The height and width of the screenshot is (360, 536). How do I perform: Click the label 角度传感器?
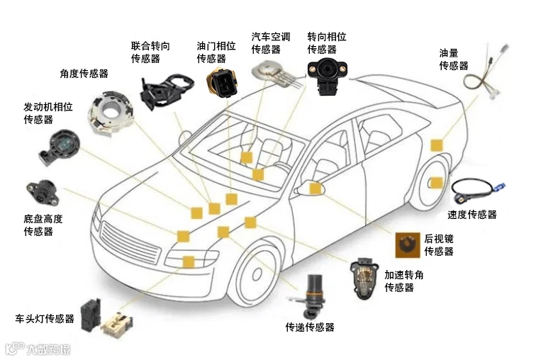click(x=84, y=74)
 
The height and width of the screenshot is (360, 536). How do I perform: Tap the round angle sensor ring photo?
click(x=109, y=112)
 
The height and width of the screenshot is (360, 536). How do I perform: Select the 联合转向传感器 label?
click(x=150, y=52)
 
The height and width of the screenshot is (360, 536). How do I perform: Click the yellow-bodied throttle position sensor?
click(x=221, y=83)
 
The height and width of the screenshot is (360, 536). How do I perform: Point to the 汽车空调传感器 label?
click(x=271, y=43)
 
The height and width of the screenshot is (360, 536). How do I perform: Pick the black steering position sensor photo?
click(x=327, y=77)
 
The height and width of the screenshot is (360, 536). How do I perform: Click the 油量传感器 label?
click(x=454, y=60)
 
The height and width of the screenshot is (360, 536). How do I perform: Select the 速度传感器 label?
click(x=471, y=215)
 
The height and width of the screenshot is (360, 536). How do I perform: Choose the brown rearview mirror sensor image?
click(x=408, y=245)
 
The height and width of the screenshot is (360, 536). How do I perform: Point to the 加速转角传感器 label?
click(x=404, y=281)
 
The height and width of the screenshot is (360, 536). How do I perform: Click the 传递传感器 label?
click(x=310, y=327)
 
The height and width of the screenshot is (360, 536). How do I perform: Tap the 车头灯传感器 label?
click(x=45, y=319)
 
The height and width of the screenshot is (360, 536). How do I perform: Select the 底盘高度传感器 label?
click(x=43, y=225)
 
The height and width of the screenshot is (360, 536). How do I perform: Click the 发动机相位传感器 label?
click(x=48, y=113)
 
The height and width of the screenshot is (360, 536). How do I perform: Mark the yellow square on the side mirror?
click(x=316, y=189)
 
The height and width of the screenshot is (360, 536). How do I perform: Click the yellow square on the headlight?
click(x=189, y=262)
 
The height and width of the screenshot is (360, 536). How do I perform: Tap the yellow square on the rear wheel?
click(x=437, y=183)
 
